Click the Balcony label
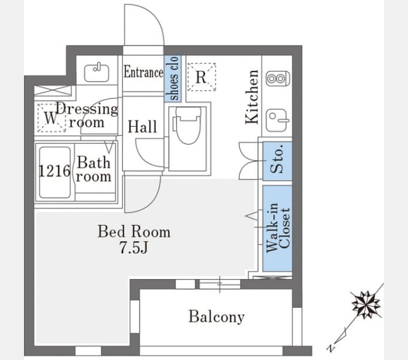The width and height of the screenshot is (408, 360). (217, 317)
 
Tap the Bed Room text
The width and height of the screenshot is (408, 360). (134, 231)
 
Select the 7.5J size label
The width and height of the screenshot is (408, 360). (134, 247)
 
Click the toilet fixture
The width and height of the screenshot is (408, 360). (188, 125)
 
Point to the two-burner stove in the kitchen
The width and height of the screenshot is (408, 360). (277, 78)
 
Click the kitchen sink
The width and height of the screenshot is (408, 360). (277, 120)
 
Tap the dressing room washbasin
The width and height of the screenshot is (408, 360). (97, 73)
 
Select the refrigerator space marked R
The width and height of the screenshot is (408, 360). (202, 77)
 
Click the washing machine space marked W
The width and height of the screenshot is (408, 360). (51, 118)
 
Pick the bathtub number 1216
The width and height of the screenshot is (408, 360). (55, 171)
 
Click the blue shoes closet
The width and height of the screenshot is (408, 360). (173, 78)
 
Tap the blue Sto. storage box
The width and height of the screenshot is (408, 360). (277, 161)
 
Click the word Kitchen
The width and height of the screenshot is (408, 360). (252, 97)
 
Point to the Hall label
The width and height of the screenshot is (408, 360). (142, 127)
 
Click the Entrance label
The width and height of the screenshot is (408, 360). (143, 72)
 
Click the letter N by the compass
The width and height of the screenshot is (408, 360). (331, 348)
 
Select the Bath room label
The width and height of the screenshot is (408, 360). (94, 169)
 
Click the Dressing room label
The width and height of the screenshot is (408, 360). (87, 115)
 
